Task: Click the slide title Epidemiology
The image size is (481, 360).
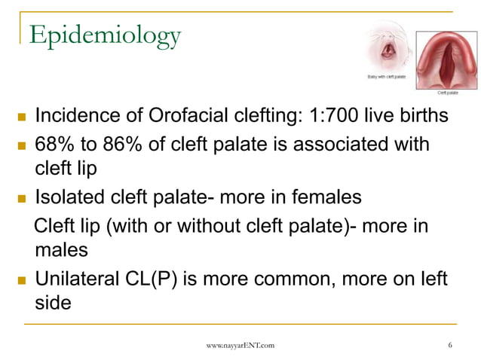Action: click(x=105, y=34)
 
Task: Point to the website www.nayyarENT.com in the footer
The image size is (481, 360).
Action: click(x=240, y=345)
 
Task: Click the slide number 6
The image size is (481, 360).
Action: click(x=449, y=345)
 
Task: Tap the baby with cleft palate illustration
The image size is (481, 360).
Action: click(x=390, y=49)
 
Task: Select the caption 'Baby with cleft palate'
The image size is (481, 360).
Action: click(x=387, y=77)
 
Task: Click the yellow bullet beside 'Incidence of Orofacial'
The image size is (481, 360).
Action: click(x=20, y=118)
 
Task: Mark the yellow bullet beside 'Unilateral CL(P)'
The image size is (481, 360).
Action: click(x=20, y=281)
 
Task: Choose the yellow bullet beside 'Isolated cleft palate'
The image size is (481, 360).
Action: click(x=20, y=200)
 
